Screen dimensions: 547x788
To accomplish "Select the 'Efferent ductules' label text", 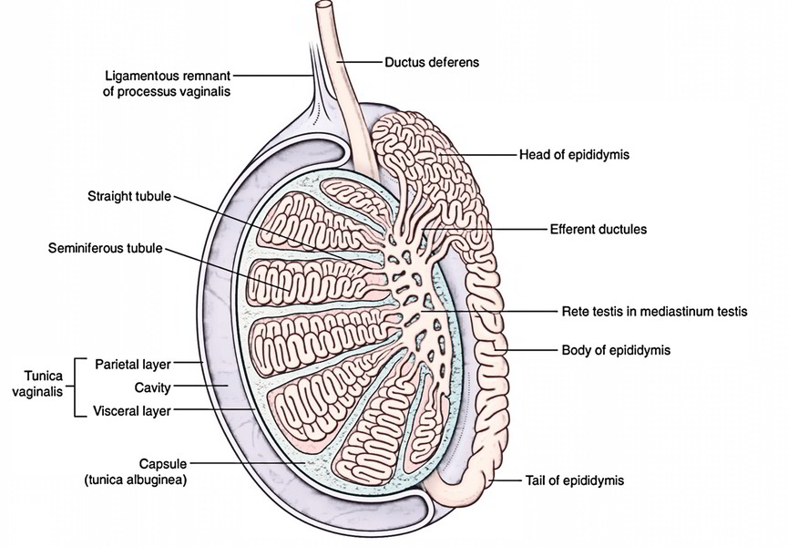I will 598,230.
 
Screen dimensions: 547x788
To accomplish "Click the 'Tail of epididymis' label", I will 575,479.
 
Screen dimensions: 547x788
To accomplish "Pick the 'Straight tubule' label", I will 128,197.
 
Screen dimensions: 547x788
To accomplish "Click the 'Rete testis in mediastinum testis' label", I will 652,311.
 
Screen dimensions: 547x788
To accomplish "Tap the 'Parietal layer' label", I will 132,364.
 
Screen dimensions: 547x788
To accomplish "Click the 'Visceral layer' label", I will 132,411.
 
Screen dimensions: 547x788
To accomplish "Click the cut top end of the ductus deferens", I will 324,8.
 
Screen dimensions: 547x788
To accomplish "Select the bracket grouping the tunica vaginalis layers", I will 75,387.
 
